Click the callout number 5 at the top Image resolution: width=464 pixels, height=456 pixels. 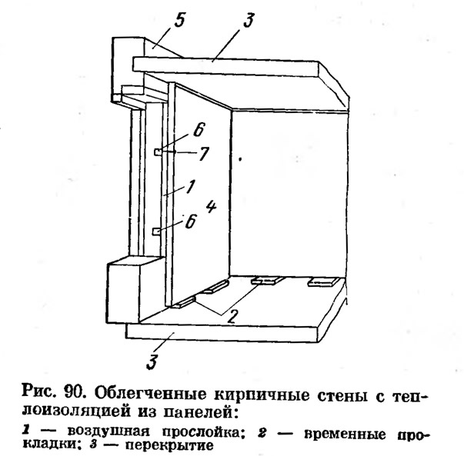pyautogui.click(x=179, y=20)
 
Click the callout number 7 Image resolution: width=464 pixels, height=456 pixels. pyautogui.click(x=203, y=154)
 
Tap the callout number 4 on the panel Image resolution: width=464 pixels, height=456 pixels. pyautogui.click(x=211, y=206)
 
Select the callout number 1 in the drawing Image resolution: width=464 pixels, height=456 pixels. pyautogui.click(x=190, y=187)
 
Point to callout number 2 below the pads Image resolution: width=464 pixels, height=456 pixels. pyautogui.click(x=232, y=316)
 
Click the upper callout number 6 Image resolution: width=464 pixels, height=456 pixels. pyautogui.click(x=199, y=130)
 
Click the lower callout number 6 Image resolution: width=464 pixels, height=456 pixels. pyautogui.click(x=191, y=221)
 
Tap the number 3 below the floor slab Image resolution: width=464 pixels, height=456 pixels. pyautogui.click(x=152, y=361)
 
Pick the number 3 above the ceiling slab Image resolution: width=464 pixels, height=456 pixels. pyautogui.click(x=248, y=21)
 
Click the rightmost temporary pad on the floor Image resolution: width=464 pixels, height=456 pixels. pyautogui.click(x=323, y=281)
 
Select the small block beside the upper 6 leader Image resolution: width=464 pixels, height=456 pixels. pyautogui.click(x=158, y=151)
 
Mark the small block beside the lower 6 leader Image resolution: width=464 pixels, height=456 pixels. pyautogui.click(x=156, y=231)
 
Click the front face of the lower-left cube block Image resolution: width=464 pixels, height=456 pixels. pyautogui.click(x=123, y=293)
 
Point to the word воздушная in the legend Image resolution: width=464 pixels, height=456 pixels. pyautogui.click(x=108, y=431)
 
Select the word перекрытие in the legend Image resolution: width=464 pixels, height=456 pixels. pyautogui.click(x=169, y=444)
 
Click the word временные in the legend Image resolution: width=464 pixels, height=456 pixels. pyautogui.click(x=345, y=434)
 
